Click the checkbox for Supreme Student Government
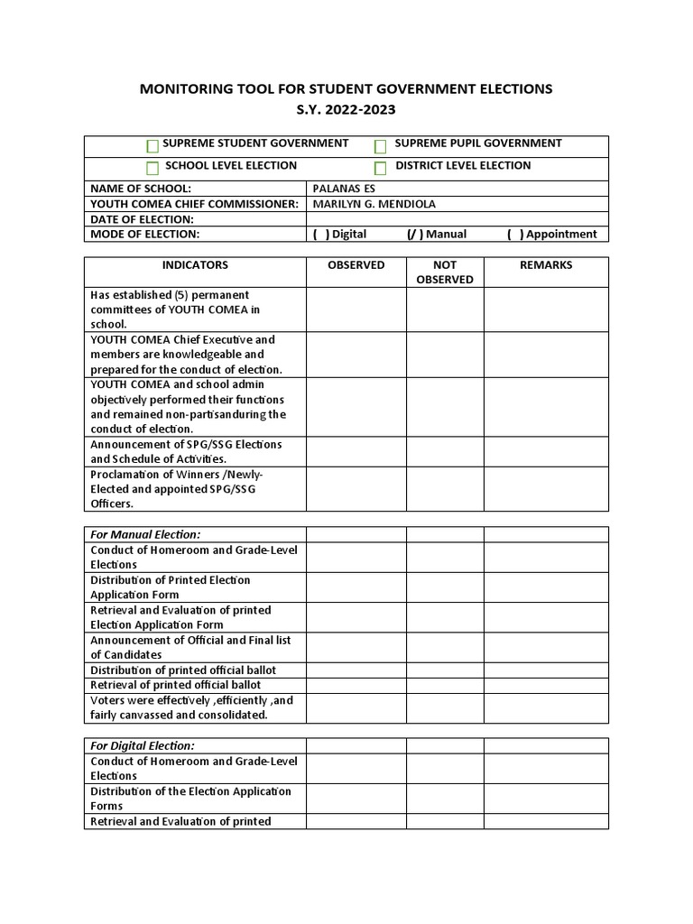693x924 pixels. (152, 146)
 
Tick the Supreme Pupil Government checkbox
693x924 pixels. (381, 146)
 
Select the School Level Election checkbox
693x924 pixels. (152, 168)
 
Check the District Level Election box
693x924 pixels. (381, 168)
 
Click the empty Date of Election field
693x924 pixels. (457, 219)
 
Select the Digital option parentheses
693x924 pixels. (320, 235)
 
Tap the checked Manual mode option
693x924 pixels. (414, 235)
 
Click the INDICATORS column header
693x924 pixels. (195, 265)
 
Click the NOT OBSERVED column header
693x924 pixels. (444, 273)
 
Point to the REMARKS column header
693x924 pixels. (546, 265)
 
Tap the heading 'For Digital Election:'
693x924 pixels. (143, 746)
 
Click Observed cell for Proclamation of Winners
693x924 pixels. (356, 489)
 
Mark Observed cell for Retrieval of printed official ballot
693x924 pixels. (356, 686)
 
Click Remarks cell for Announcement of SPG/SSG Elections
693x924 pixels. (546, 452)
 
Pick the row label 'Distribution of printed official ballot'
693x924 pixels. (183, 670)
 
